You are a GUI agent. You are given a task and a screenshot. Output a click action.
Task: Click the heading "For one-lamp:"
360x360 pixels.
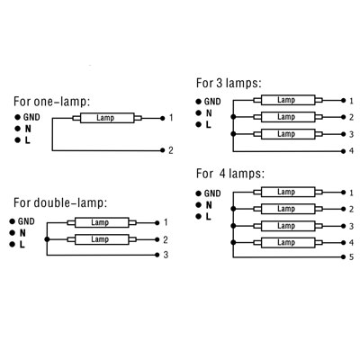(x=51, y=102)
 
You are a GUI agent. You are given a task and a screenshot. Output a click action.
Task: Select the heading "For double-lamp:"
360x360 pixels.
(x=60, y=203)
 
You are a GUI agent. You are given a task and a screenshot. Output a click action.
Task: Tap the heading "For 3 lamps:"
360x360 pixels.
(x=229, y=83)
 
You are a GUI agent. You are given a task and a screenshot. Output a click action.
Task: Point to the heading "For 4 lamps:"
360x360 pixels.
(x=230, y=174)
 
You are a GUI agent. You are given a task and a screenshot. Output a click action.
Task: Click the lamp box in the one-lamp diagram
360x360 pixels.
(x=107, y=118)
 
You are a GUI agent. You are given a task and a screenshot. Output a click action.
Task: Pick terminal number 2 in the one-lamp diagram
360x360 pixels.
(x=171, y=150)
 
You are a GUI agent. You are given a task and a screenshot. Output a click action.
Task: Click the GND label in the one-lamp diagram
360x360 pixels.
(x=31, y=117)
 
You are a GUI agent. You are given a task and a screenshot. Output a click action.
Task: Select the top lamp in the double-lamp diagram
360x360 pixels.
(x=102, y=222)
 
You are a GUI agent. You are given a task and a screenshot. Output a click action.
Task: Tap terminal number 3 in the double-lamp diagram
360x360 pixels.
(x=166, y=255)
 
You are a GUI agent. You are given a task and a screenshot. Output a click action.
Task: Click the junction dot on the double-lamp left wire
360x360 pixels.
(x=47, y=239)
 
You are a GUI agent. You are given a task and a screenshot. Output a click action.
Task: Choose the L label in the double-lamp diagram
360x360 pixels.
(x=22, y=245)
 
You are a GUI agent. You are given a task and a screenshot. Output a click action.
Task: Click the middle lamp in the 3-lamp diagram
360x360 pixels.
(x=288, y=117)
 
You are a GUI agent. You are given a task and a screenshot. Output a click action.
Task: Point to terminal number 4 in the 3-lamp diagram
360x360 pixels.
(x=351, y=150)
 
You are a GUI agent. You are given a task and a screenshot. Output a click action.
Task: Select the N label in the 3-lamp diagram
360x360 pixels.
(x=209, y=113)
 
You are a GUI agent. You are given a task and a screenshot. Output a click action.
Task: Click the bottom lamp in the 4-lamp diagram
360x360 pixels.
(x=288, y=242)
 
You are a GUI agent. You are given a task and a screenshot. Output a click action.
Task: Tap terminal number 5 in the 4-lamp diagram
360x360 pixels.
(x=351, y=257)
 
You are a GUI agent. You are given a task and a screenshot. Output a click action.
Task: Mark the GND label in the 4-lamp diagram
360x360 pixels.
(x=212, y=193)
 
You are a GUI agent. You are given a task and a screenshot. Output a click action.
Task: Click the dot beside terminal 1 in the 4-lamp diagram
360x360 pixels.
(x=344, y=193)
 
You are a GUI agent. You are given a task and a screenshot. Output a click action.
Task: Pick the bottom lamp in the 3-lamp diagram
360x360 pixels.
(x=288, y=134)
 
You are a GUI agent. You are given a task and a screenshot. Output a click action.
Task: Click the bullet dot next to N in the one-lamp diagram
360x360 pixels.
(x=17, y=129)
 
